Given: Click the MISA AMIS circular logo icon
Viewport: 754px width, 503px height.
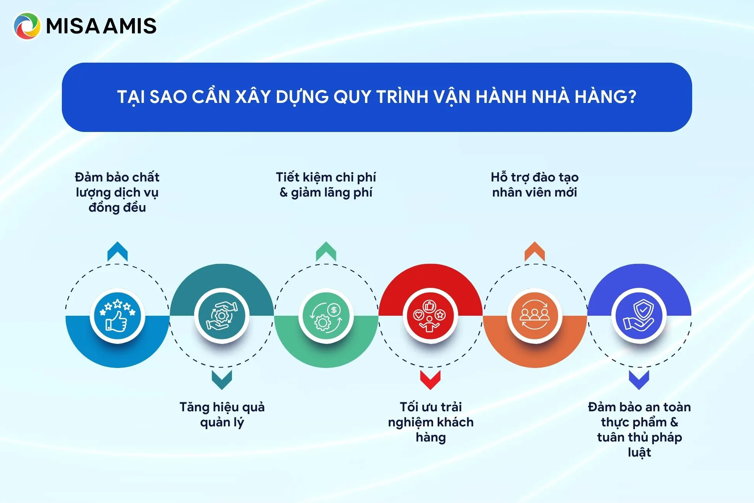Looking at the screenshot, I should pyautogui.click(x=27, y=26).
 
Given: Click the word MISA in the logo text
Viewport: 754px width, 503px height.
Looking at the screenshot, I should pyautogui.click(x=73, y=26).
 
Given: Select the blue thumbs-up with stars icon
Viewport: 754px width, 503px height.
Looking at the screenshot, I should pyautogui.click(x=117, y=316).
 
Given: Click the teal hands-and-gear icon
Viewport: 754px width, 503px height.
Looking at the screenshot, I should pyautogui.click(x=222, y=316).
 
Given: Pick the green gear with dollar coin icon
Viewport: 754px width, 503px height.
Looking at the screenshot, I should pyautogui.click(x=326, y=316).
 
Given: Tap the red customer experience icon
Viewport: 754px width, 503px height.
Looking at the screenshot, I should pyautogui.click(x=430, y=316).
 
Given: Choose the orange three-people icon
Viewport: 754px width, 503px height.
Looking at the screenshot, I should pyautogui.click(x=534, y=316).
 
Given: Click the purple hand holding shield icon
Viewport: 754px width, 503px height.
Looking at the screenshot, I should pyautogui.click(x=639, y=316).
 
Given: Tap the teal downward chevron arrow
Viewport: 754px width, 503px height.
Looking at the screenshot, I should pyautogui.click(x=222, y=379).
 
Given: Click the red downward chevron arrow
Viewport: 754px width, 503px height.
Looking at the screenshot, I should pyautogui.click(x=430, y=379).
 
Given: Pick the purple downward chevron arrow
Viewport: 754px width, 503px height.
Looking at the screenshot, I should pyautogui.click(x=639, y=379).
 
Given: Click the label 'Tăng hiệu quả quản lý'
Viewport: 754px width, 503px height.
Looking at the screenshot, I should pyautogui.click(x=222, y=414).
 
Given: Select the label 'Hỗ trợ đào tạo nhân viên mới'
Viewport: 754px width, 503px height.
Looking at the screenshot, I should pyautogui.click(x=534, y=185).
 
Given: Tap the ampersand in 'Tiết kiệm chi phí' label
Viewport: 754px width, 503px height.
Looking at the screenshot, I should pyautogui.click(x=283, y=192).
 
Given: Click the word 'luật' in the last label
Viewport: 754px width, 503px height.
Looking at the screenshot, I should pyautogui.click(x=639, y=452).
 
